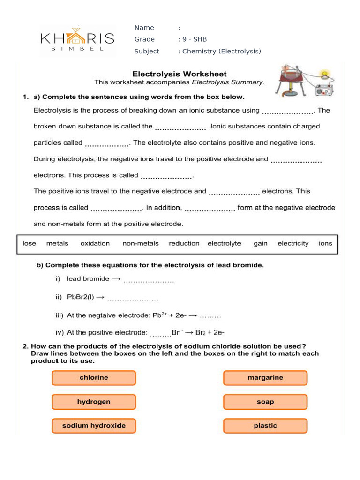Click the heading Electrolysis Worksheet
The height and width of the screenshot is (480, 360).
pyautogui.click(x=179, y=74)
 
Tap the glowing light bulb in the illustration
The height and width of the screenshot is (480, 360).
pyautogui.click(x=324, y=74)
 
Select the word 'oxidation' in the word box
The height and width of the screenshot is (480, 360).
pyautogui.click(x=95, y=243)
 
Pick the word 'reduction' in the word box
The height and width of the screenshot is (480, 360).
pyautogui.click(x=184, y=243)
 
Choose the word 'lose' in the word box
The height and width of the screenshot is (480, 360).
pyautogui.click(x=29, y=243)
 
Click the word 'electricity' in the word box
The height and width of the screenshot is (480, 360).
pyautogui.click(x=293, y=243)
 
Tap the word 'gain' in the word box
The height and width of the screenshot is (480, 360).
pyautogui.click(x=261, y=243)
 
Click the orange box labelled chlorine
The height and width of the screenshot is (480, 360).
pyautogui.click(x=94, y=378)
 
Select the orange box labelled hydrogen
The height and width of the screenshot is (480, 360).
pyautogui.click(x=94, y=402)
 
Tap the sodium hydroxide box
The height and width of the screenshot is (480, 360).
pyautogui.click(x=94, y=426)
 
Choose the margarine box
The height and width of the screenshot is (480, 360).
pyautogui.click(x=265, y=378)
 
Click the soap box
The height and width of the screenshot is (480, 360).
pyautogui.click(x=265, y=402)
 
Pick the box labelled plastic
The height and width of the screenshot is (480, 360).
pyautogui.click(x=265, y=426)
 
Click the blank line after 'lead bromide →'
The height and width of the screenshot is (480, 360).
pyautogui.click(x=149, y=280)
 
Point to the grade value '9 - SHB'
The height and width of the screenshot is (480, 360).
pyautogui.click(x=195, y=39)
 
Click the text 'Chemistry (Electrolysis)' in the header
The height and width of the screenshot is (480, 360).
pyautogui.click(x=221, y=51)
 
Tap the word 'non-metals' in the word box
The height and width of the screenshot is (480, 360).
pyautogui.click(x=141, y=243)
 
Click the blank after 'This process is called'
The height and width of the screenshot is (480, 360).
pyautogui.click(x=167, y=177)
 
